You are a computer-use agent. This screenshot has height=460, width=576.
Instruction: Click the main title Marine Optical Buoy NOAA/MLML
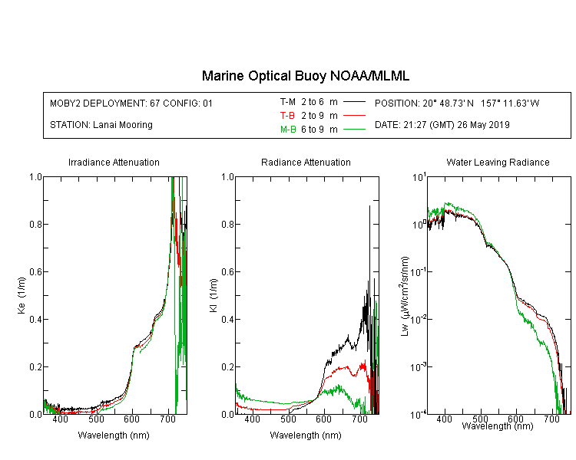pyautogui.click(x=305, y=76)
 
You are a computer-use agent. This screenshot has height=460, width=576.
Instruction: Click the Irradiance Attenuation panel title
pyautogui.click(x=114, y=163)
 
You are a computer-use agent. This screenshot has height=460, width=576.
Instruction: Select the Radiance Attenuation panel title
pyautogui.click(x=306, y=163)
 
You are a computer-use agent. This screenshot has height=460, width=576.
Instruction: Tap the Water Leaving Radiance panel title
pyautogui.click(x=498, y=163)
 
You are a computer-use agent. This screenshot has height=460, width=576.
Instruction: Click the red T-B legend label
pyautogui.click(x=287, y=116)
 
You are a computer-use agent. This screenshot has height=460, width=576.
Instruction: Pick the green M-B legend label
pyautogui.click(x=288, y=130)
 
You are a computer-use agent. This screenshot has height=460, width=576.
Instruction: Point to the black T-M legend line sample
pyautogui.click(x=354, y=102)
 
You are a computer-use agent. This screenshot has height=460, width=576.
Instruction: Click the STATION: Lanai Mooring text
pyautogui.click(x=101, y=125)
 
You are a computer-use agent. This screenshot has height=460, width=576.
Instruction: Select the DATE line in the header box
pyautogui.click(x=442, y=125)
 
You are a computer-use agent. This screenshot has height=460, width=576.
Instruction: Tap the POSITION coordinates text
pyautogui.click(x=457, y=103)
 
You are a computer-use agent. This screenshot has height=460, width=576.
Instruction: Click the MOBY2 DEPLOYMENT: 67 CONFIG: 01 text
pyautogui.click(x=131, y=103)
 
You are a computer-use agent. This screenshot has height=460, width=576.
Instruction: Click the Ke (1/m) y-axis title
pyautogui.click(x=22, y=296)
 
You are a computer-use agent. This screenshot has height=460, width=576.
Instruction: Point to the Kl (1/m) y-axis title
pyautogui.click(x=213, y=296)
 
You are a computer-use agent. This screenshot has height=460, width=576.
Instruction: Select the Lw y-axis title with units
pyautogui.click(x=405, y=296)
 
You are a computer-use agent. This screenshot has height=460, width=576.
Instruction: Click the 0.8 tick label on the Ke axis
pyautogui.click(x=35, y=224)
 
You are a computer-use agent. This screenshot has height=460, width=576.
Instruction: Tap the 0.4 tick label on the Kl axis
pyautogui.click(x=227, y=319)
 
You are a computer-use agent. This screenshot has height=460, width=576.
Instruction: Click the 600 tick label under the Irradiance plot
pyautogui.click(x=132, y=419)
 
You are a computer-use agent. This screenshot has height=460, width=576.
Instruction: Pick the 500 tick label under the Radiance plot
pyautogui.click(x=288, y=419)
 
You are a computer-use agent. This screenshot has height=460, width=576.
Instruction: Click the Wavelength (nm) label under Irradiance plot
pyautogui.click(x=114, y=435)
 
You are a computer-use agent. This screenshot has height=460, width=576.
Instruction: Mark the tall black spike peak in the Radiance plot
pyautogui.click(x=369, y=206)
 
